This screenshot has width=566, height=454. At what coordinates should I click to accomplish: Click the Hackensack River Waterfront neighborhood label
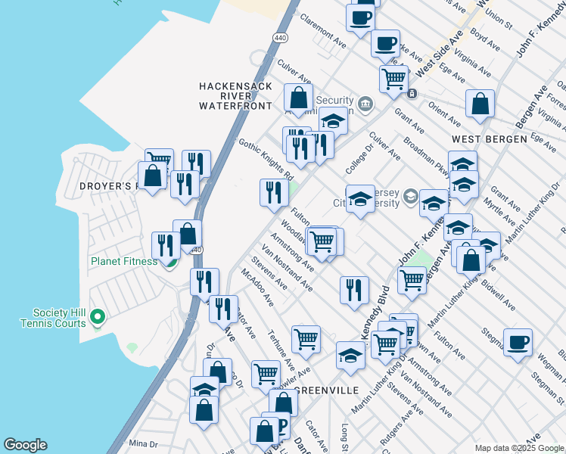coord(235,96)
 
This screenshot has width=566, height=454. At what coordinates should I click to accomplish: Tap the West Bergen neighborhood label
coord(489,140)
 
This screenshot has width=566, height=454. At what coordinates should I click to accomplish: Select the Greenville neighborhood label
coord(326,390)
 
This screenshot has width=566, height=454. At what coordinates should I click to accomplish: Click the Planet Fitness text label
coord(124,261)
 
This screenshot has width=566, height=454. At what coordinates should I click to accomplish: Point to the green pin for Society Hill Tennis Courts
coord(97,316)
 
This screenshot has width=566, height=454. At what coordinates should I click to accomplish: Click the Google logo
coord(25,445)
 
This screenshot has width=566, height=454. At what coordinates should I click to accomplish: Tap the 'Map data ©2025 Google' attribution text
coord(519,448)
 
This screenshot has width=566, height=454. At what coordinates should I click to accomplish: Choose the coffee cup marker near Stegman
coord(518,343)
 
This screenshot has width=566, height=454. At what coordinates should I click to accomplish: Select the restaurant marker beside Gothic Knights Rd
coord(272,192)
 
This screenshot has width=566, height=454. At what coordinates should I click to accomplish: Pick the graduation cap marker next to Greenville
coord(350,355)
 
